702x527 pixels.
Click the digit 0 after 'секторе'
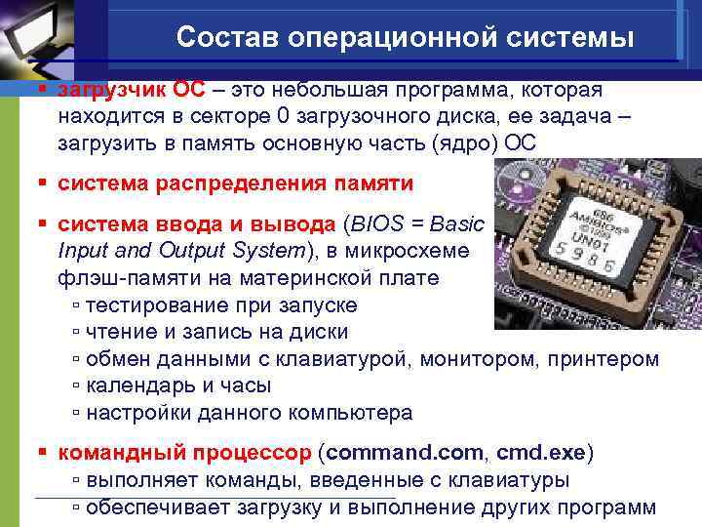point(283,117)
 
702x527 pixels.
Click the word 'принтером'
point(610,358)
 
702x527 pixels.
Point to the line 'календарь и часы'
point(178,385)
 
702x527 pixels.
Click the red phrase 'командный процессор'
point(185,454)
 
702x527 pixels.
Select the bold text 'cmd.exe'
point(540,454)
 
